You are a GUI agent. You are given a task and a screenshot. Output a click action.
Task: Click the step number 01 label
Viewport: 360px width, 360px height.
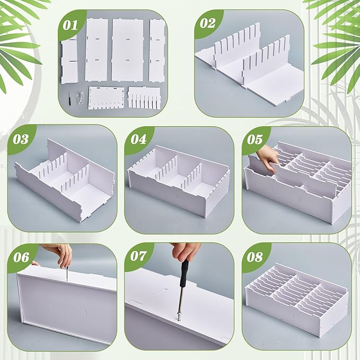click(x=70, y=25)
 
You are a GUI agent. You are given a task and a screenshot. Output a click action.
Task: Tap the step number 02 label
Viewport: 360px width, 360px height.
click(x=207, y=23)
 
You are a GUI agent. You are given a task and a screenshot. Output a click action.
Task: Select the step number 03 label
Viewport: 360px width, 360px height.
click(x=21, y=139)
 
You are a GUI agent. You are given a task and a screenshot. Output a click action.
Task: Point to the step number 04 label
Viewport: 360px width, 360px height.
click(x=138, y=139)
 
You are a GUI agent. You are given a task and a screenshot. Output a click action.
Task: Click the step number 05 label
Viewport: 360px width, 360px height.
click(x=254, y=139)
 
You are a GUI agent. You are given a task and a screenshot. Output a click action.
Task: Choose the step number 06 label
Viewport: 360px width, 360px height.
click(x=21, y=257)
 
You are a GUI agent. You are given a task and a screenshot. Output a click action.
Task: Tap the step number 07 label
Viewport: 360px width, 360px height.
click(x=138, y=256)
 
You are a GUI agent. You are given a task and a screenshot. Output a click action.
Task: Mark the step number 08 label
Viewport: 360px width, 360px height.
click(x=254, y=257)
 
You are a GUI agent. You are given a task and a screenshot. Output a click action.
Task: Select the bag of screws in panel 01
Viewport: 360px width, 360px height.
click(x=80, y=98)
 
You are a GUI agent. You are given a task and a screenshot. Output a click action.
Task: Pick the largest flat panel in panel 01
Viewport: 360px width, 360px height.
click(x=127, y=49)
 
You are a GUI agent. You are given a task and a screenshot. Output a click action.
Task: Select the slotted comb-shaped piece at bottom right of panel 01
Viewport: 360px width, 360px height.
click(x=144, y=96)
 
